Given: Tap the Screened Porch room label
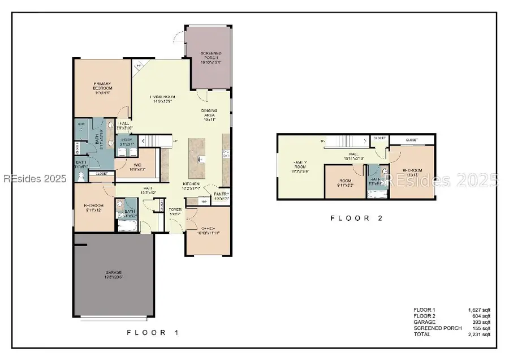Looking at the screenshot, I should pyautogui.click(x=210, y=57).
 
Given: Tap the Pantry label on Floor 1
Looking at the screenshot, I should pyautogui.click(x=221, y=196).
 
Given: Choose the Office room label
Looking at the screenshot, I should pyautogui.click(x=209, y=230).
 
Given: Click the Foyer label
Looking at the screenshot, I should pyautogui.click(x=175, y=212).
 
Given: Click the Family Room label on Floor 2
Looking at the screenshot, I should pyautogui.click(x=299, y=165).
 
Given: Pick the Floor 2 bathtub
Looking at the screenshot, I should pyautogui.click(x=376, y=194).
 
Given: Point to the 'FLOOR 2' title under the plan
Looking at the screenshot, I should pyautogui.click(x=357, y=218).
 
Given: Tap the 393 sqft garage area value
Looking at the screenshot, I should pyautogui.click(x=481, y=322).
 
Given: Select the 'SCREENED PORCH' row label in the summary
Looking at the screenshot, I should pyautogui.click(x=437, y=328).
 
